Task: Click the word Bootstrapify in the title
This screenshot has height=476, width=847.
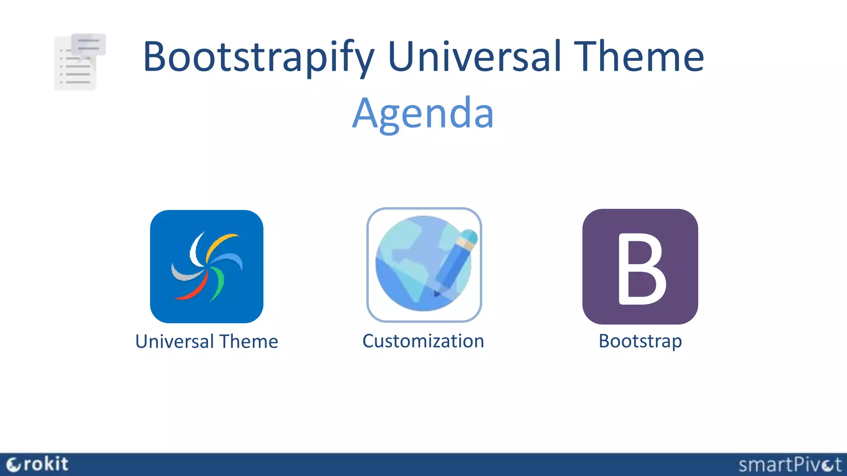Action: point(258,57)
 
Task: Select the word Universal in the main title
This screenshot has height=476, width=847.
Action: point(475,56)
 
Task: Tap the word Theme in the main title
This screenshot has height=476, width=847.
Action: point(641,56)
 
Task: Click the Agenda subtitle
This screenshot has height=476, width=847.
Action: point(423,113)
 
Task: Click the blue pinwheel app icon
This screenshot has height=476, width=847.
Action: point(206,267)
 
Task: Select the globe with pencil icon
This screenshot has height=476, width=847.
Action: point(424,265)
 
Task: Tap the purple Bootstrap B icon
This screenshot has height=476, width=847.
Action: point(640,267)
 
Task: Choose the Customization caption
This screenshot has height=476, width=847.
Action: point(423,341)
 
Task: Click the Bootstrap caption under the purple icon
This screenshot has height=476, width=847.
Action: point(640,341)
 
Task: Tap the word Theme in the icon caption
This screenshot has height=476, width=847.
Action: point(249,342)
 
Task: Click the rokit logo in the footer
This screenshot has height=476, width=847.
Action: point(38,464)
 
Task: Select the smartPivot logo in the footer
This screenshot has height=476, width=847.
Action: point(790,465)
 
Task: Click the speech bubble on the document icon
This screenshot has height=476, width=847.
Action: point(89,44)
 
